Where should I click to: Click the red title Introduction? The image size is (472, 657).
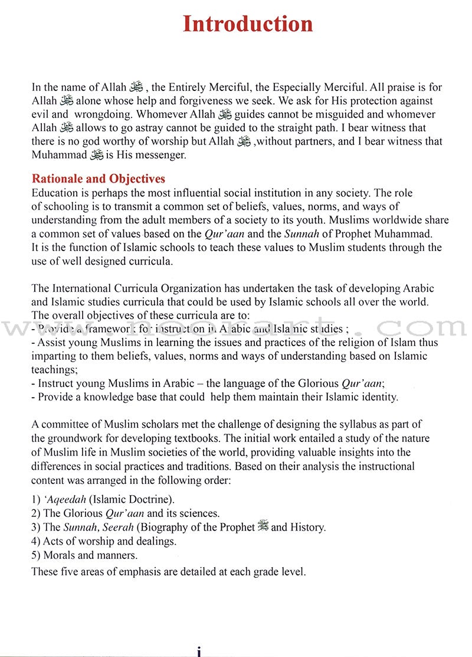click(x=247, y=24)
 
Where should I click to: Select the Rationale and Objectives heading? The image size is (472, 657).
click(x=98, y=179)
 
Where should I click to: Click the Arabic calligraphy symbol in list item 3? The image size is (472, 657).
click(x=263, y=526)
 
